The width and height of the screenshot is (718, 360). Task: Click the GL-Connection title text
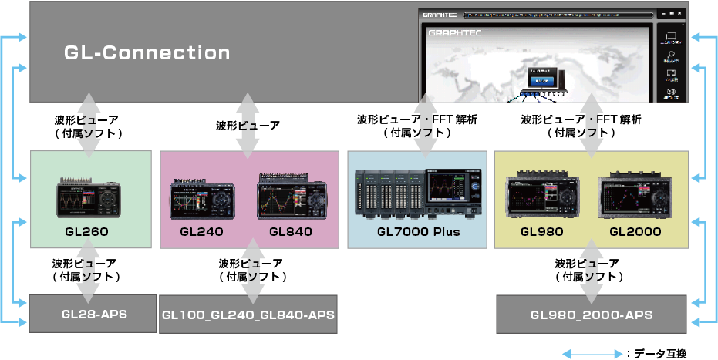[x=147, y=52]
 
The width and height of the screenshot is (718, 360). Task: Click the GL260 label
[x=86, y=231]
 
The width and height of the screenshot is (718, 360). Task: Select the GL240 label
[x=202, y=231]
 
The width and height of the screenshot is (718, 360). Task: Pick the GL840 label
[x=291, y=231]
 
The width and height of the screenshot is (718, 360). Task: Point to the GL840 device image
[x=292, y=196]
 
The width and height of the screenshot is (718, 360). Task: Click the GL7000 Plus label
[x=418, y=231]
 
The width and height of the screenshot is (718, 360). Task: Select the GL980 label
[x=541, y=231]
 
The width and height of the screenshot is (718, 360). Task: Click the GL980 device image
[x=543, y=197]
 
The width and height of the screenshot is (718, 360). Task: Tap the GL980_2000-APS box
[x=592, y=315]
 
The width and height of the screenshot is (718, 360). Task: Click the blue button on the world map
[x=542, y=79]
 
